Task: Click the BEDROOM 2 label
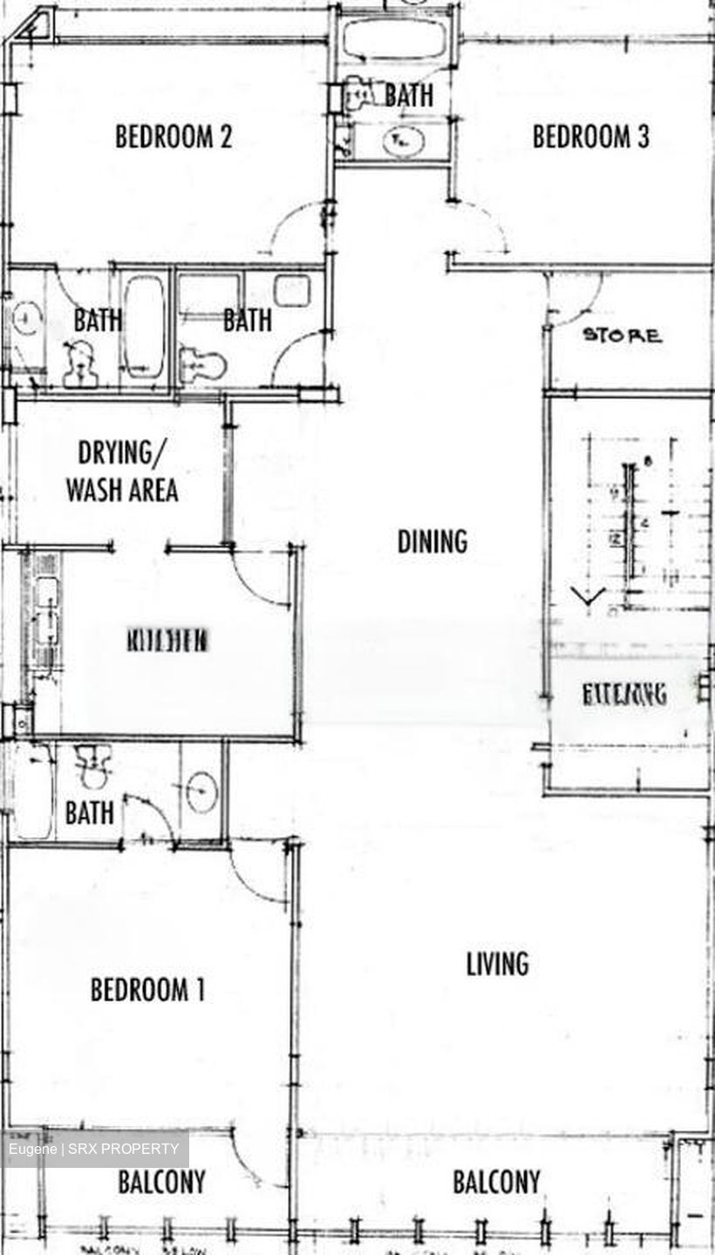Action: pyautogui.click(x=174, y=137)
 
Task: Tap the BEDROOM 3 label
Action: pyautogui.click(x=590, y=137)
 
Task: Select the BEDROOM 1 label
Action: pyautogui.click(x=147, y=990)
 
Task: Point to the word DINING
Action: pyautogui.click(x=432, y=541)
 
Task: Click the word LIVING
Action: pyautogui.click(x=497, y=964)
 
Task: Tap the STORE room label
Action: pyautogui.click(x=622, y=336)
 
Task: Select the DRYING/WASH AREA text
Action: pyautogui.click(x=122, y=471)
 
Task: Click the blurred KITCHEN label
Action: pyautogui.click(x=167, y=641)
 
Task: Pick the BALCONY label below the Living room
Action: pyautogui.click(x=496, y=1183)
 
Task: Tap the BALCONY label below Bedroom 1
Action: pyautogui.click(x=161, y=1183)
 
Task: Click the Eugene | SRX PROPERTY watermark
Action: pyautogui.click(x=96, y=1150)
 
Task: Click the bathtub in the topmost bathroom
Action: pyautogui.click(x=393, y=39)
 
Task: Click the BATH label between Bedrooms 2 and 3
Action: pyautogui.click(x=408, y=95)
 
